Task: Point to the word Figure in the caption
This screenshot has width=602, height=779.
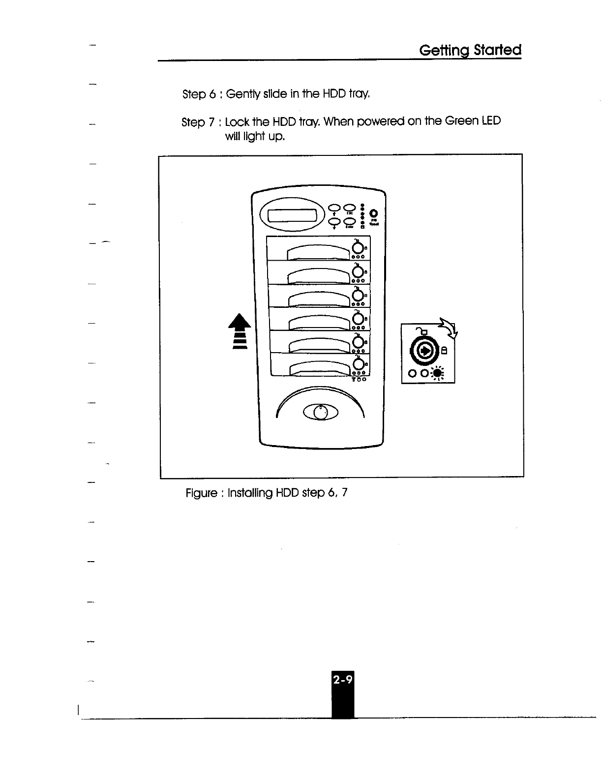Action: [x=201, y=492]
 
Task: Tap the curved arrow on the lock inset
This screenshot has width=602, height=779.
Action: [x=449, y=328]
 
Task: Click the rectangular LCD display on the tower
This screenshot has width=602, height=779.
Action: [x=291, y=215]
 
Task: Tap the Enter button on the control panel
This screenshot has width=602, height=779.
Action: [x=349, y=222]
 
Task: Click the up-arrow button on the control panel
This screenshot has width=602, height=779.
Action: [x=334, y=209]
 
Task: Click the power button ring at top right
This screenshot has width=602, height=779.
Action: [x=373, y=213]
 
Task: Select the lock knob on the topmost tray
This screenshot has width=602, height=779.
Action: [x=358, y=247]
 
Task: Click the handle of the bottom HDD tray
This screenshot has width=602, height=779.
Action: [x=320, y=369]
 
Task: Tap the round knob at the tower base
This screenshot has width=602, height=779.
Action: [x=320, y=413]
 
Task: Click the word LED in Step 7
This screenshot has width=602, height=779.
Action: [x=490, y=120]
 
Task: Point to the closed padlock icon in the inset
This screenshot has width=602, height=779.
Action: [x=444, y=350]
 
